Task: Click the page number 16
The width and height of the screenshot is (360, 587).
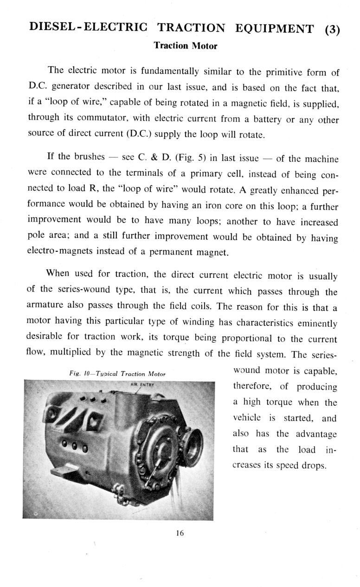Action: (180, 533)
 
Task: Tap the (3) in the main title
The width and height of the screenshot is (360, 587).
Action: (332, 29)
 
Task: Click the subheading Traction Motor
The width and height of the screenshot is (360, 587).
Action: (185, 46)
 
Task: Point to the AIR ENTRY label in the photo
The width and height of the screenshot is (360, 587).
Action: (138, 384)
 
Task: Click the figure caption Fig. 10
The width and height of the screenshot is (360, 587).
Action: (117, 373)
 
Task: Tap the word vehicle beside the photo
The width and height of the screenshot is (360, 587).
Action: (248, 418)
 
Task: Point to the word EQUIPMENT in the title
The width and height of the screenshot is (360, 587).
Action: (275, 28)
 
